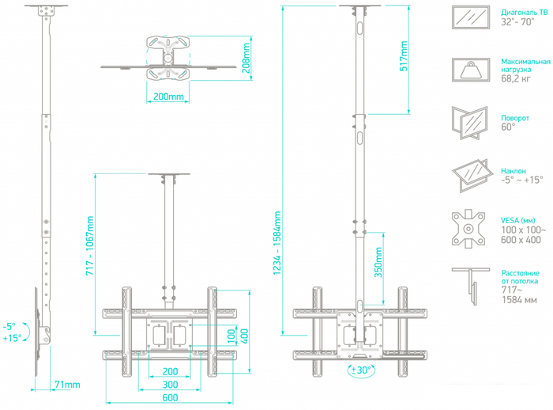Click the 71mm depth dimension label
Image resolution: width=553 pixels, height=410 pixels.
(x=67, y=385)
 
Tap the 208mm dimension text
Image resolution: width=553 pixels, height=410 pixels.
(x=246, y=58)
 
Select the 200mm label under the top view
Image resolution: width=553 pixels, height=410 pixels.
(x=168, y=97)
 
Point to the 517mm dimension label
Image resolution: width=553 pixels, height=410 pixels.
(x=404, y=56)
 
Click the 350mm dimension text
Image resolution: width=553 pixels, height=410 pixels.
(x=378, y=262)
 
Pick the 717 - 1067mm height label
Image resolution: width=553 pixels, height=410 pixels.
(x=90, y=246)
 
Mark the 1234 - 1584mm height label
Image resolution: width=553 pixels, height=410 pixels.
(x=276, y=243)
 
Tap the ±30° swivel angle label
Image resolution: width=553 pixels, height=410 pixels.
(x=361, y=370)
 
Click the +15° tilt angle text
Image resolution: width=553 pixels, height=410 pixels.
(x=13, y=338)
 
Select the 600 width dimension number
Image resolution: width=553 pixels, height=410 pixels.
(x=170, y=397)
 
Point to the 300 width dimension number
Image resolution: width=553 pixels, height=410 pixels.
(x=170, y=385)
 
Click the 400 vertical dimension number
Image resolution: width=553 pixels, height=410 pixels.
(x=244, y=336)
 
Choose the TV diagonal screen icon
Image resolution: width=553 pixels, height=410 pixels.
(x=471, y=17)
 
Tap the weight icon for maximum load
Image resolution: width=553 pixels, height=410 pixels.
(x=471, y=70)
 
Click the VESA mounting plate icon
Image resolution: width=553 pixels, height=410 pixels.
(x=468, y=229)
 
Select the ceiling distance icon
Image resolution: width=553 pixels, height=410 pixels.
(x=471, y=287)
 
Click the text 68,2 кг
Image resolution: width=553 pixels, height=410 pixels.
(x=516, y=78)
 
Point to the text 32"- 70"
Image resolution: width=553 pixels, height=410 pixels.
(x=517, y=22)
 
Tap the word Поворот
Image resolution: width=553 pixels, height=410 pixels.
(x=515, y=118)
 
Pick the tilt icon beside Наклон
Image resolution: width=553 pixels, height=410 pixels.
(x=472, y=176)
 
